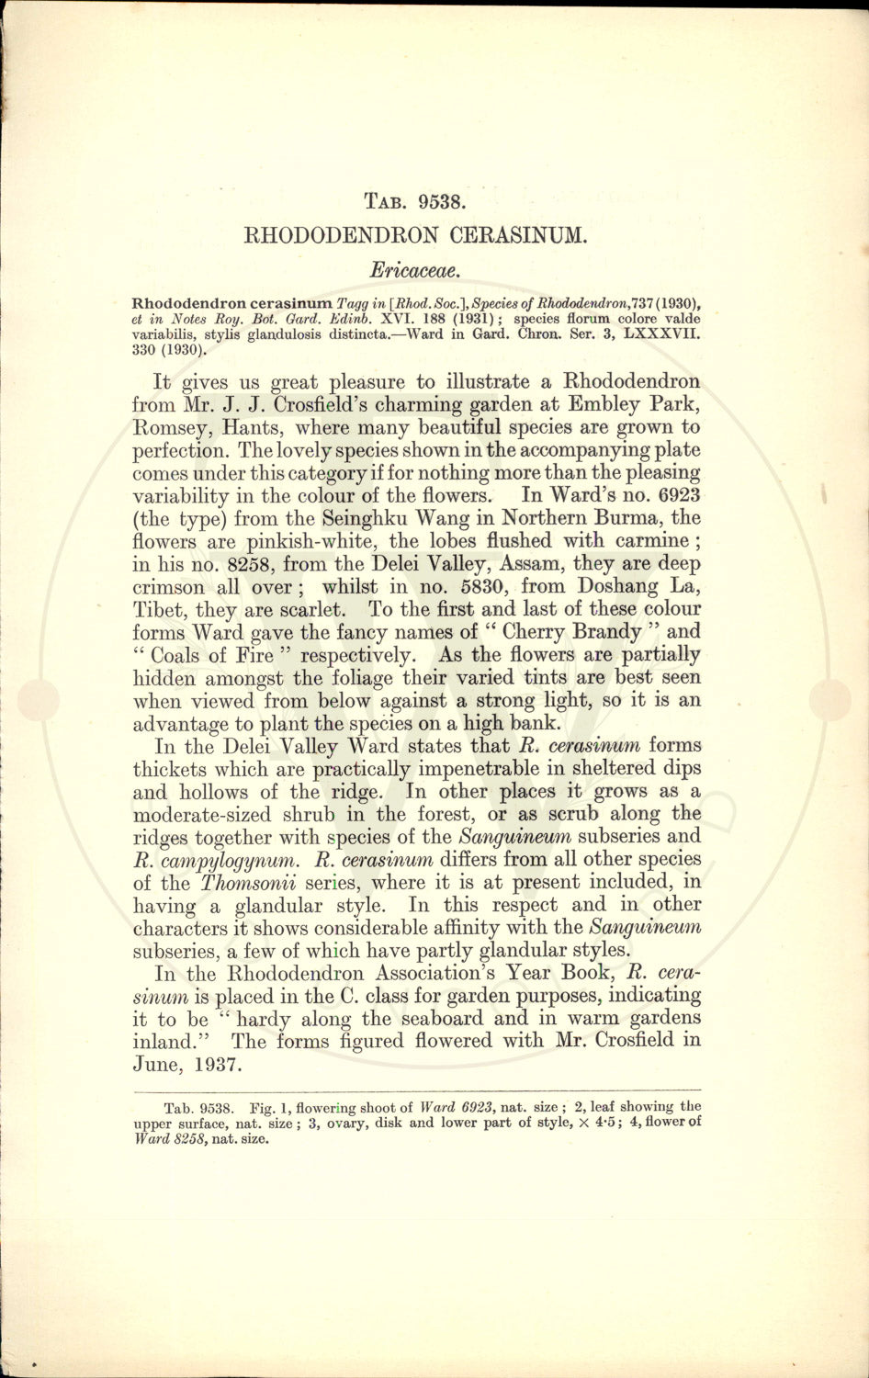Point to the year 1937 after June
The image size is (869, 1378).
tap(214, 1065)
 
